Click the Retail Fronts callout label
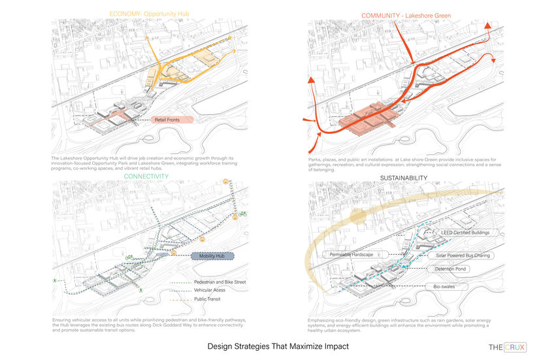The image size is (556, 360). pos(172,120)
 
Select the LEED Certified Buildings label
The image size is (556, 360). pos(465,232)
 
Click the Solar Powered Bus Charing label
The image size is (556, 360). pos(466,255)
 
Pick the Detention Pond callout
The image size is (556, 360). pos(460,269)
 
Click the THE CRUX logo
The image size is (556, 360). pos(507,347)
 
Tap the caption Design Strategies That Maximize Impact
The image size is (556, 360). pos(278,346)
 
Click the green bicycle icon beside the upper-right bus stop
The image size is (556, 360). pos(242,214)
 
